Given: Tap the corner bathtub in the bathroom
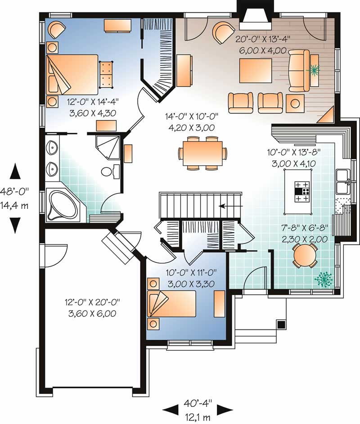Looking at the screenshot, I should tap(63, 205).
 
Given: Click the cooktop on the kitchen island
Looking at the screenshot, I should tap(302, 191).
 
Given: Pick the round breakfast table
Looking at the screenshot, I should tap(305, 256).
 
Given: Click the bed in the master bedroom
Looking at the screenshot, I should tap(72, 75).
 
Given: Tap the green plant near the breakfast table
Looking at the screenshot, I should tap(324, 279).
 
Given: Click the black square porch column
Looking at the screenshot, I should tap(281, 324).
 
